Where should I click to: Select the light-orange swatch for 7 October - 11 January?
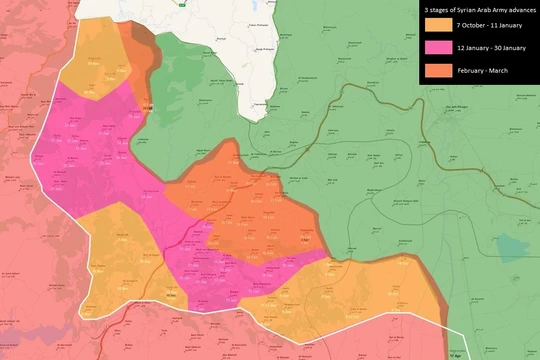(x=437, y=26)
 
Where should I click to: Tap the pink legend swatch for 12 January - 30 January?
(x=437, y=48)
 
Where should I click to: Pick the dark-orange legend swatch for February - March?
(x=437, y=70)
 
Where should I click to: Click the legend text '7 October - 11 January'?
(x=484, y=26)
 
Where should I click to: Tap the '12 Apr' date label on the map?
(x=457, y=354)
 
